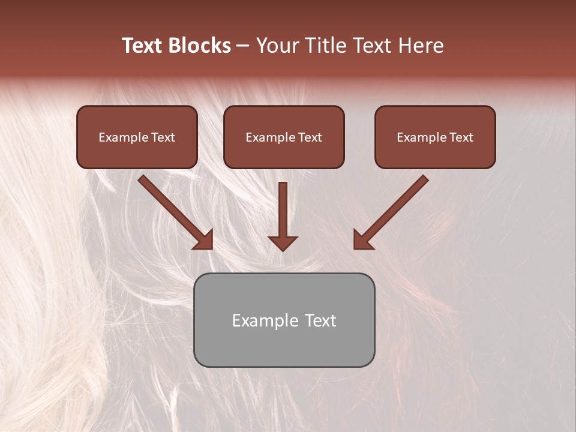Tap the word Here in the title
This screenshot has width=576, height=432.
point(421,46)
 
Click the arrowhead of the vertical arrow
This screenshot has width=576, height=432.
point(283,242)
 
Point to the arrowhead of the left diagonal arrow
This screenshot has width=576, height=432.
point(205,240)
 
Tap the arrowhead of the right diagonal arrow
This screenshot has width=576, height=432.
point(362,240)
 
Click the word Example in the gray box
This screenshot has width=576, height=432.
point(265,321)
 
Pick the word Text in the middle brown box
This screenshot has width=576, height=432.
point(310,137)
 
